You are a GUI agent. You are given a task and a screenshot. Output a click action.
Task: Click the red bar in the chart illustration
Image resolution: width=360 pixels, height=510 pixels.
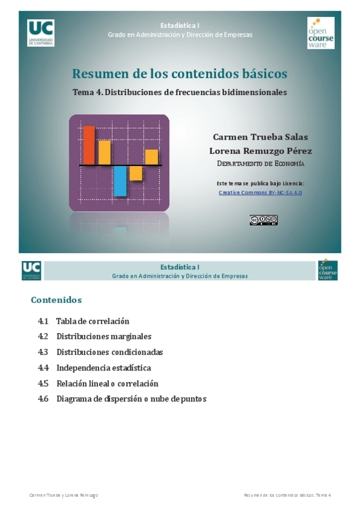(89, 145)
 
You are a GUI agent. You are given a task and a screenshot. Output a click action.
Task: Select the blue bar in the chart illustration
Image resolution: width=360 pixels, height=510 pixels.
(120, 181)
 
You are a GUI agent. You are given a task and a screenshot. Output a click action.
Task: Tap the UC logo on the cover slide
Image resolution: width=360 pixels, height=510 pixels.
(40, 32)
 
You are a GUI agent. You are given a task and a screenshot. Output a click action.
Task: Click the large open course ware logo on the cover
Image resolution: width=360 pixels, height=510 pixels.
(320, 33)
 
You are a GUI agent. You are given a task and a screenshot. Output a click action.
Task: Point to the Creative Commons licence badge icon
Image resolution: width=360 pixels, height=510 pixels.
(263, 220)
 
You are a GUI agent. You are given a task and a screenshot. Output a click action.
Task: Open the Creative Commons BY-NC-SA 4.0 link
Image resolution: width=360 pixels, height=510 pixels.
(260, 192)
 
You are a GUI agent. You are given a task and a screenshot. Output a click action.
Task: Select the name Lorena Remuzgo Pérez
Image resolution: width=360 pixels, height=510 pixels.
(260, 151)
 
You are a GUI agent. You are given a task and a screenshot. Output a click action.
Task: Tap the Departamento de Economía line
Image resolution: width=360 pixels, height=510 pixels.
(260, 164)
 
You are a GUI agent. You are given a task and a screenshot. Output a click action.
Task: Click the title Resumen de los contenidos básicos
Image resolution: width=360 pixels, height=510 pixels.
(179, 74)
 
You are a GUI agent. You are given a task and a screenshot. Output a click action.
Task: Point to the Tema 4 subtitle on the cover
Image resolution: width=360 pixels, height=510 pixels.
(179, 93)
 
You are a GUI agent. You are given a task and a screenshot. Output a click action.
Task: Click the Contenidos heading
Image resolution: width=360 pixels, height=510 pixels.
(56, 300)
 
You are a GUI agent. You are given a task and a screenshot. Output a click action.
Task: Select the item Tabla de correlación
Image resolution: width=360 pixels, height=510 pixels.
(93, 321)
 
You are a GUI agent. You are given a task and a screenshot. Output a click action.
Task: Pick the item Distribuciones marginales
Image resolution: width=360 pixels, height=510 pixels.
(103, 337)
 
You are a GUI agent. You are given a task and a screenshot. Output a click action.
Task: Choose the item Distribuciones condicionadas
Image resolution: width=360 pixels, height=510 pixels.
(109, 352)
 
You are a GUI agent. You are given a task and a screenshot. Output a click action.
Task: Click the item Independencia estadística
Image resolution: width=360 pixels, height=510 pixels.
(103, 368)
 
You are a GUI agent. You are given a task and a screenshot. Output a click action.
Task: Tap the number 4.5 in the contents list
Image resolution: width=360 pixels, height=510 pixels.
(43, 384)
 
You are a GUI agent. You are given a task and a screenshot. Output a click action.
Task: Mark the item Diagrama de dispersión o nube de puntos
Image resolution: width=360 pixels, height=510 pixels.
(131, 399)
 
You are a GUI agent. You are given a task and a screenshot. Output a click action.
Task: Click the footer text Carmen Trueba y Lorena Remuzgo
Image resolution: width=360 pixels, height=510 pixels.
(64, 495)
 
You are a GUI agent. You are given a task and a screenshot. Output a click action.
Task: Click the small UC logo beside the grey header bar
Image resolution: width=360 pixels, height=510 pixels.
(31, 270)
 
